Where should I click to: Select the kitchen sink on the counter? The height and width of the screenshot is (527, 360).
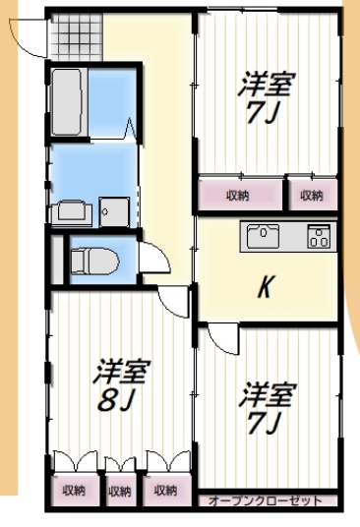pyautogui.click(x=264, y=236)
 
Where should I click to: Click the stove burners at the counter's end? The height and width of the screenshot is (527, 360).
pyautogui.click(x=320, y=236)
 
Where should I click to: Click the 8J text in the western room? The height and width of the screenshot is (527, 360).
pyautogui.click(x=116, y=401)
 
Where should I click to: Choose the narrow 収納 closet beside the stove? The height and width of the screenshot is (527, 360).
pyautogui.click(x=312, y=195)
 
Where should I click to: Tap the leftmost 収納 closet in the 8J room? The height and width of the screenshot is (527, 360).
pyautogui.click(x=74, y=489)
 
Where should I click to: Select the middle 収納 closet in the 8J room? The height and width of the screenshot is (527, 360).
pyautogui.click(x=120, y=489)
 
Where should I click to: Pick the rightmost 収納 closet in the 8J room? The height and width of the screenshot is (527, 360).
pyautogui.click(x=165, y=489)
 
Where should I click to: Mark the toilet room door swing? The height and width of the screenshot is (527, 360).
pyautogui.click(x=154, y=259)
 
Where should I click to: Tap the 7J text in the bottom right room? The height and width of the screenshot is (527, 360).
pyautogui.click(x=266, y=423)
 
